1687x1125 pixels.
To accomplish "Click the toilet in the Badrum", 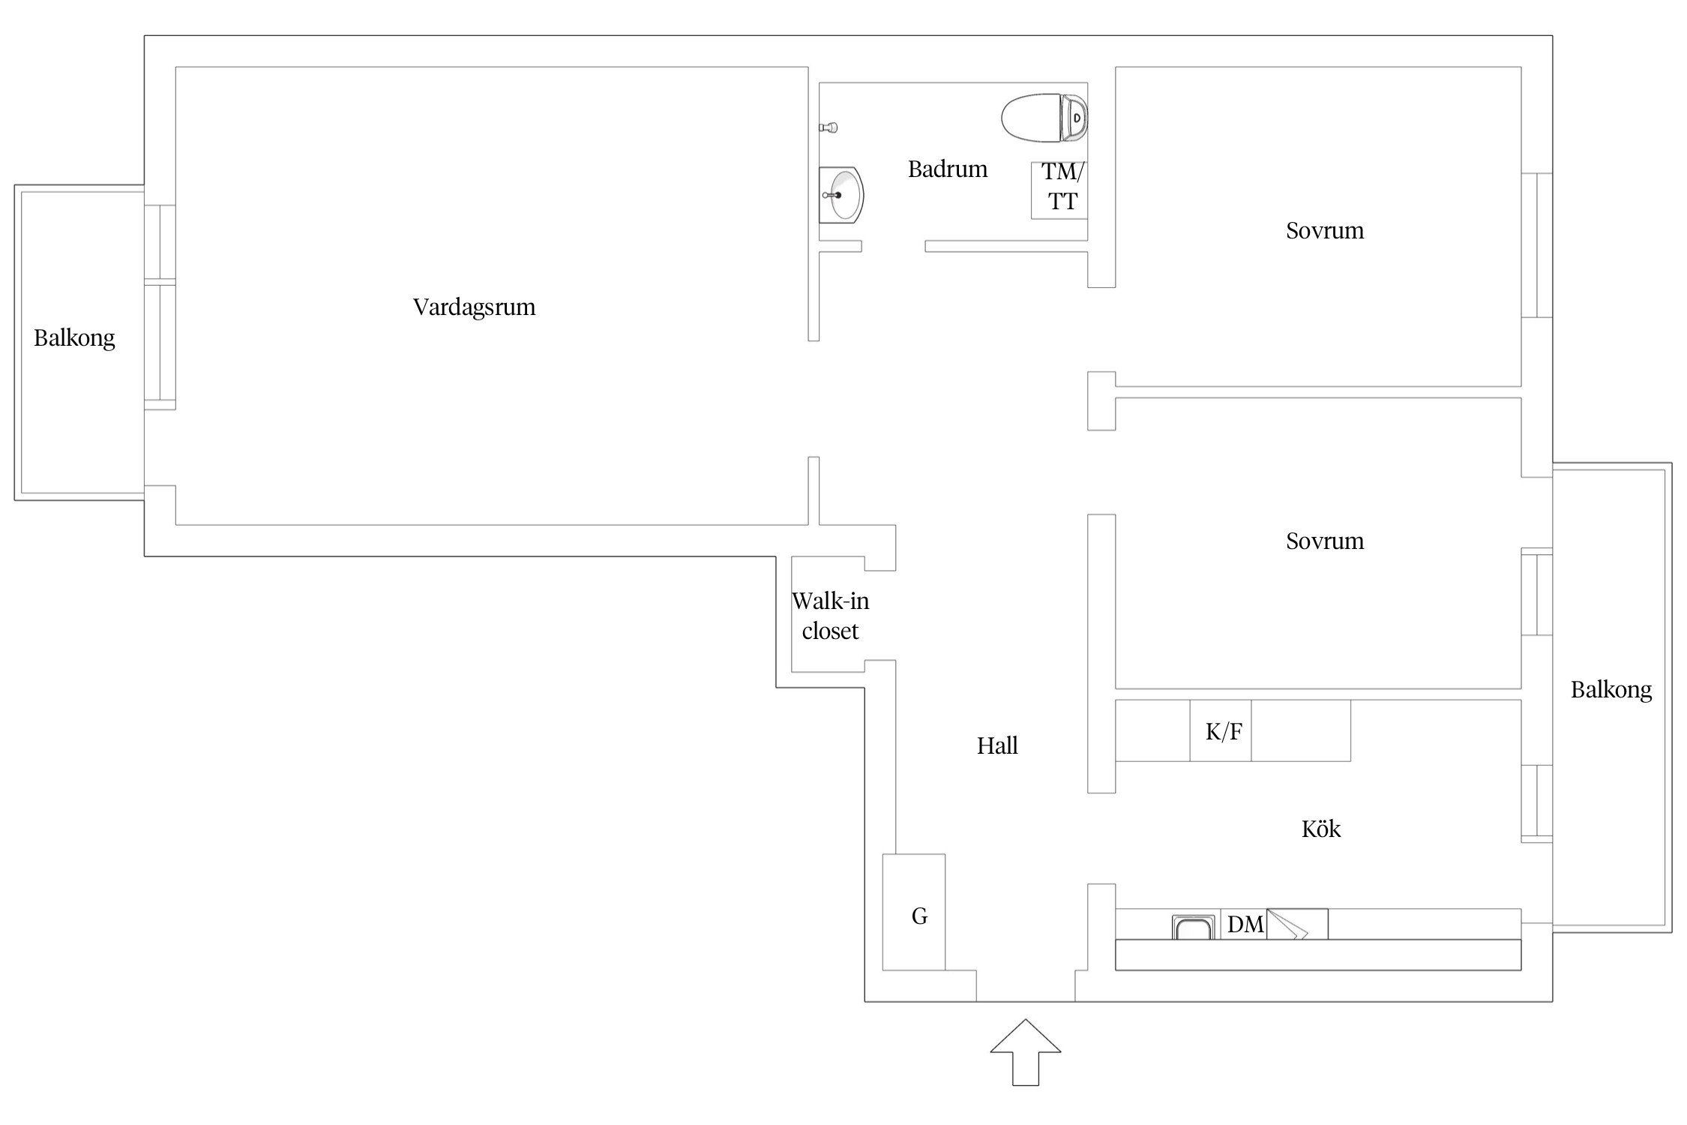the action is [1044, 118].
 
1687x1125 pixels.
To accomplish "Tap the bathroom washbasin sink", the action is [841, 195].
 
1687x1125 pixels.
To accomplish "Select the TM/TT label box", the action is [1059, 190].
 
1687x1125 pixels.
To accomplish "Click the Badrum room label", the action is [948, 169].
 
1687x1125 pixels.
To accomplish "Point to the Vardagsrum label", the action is [474, 307].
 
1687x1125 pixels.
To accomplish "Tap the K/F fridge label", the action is [1224, 731].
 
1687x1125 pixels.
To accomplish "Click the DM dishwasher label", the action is [1245, 925].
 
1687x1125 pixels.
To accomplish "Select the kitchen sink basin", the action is [1194, 927].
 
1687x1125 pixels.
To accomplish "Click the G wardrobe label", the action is [919, 916].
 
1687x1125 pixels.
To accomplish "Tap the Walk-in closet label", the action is [831, 616].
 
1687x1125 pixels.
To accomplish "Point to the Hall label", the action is [997, 745].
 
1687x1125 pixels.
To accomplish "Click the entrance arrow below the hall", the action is [1025, 1051].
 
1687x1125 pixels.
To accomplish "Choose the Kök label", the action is [1321, 829].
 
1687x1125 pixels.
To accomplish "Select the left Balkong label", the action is [74, 338].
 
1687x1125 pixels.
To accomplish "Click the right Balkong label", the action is [1611, 690].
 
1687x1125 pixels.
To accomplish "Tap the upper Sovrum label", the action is [1325, 230].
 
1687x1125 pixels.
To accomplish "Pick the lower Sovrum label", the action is [1325, 541].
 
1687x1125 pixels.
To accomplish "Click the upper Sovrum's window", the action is [1536, 245].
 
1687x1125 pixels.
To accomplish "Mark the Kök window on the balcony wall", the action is [1536, 803].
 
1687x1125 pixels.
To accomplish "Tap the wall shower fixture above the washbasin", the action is [828, 128].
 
